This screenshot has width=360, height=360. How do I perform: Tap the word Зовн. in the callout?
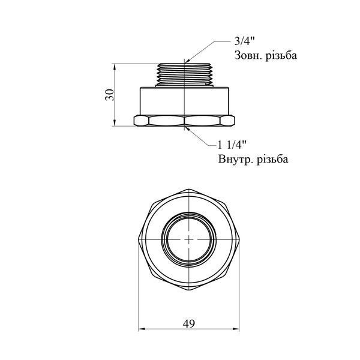(x=248, y=56)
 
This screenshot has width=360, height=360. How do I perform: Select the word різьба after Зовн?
(x=281, y=56)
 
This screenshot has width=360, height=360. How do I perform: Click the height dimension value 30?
(x=110, y=95)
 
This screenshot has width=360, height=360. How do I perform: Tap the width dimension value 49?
(x=189, y=324)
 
